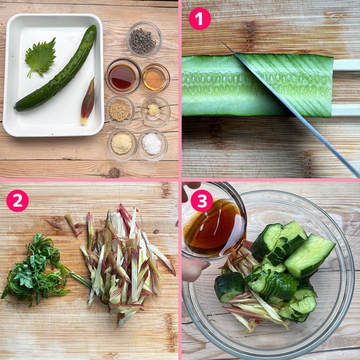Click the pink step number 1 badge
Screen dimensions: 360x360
pos(199,19)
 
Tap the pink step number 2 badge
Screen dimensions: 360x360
pos(18,201)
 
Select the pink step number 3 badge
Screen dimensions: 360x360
pos(202,201)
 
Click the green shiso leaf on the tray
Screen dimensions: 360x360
pos(41,58)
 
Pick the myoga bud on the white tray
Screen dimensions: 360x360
pos(87,102)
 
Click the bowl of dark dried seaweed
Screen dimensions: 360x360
pos(145,39)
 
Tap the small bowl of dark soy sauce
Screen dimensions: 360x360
pos(123,77)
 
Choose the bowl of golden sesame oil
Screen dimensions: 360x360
pos(155,78)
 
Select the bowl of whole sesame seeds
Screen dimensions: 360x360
pos(120,111)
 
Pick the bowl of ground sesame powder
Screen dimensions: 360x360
pos(122,145)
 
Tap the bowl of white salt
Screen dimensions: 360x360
pos(153,145)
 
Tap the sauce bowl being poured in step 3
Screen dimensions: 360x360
pos(214,225)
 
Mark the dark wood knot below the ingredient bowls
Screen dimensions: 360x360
pos(114,173)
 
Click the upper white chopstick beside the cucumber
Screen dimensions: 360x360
pos(346,65)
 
